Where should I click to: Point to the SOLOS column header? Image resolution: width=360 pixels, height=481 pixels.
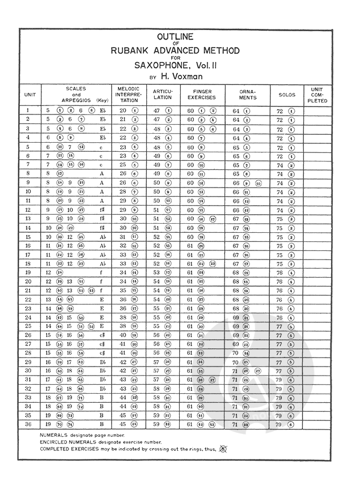(x=286, y=95)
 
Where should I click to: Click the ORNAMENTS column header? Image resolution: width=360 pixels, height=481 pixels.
(x=248, y=94)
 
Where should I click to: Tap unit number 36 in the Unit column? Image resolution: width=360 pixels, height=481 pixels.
(x=28, y=423)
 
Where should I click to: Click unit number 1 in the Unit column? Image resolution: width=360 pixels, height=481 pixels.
(x=28, y=110)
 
